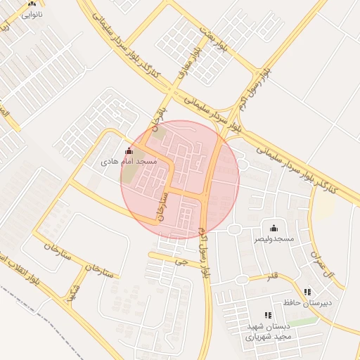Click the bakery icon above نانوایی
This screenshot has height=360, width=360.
point(32,4)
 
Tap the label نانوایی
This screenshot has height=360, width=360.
point(32,14)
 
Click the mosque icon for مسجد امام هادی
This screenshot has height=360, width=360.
point(128,151)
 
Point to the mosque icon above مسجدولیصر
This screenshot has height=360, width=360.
point(274,229)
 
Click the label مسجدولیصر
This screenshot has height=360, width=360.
point(274,240)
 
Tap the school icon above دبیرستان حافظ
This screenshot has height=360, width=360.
point(307,292)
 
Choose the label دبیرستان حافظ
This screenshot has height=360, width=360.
point(307,303)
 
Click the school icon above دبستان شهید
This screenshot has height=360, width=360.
point(267,316)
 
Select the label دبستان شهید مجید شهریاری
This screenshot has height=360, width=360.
point(267,332)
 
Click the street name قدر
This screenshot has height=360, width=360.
point(272,276)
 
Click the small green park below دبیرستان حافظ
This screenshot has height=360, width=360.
point(302,321)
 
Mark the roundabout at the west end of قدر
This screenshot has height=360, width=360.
point(242,280)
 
